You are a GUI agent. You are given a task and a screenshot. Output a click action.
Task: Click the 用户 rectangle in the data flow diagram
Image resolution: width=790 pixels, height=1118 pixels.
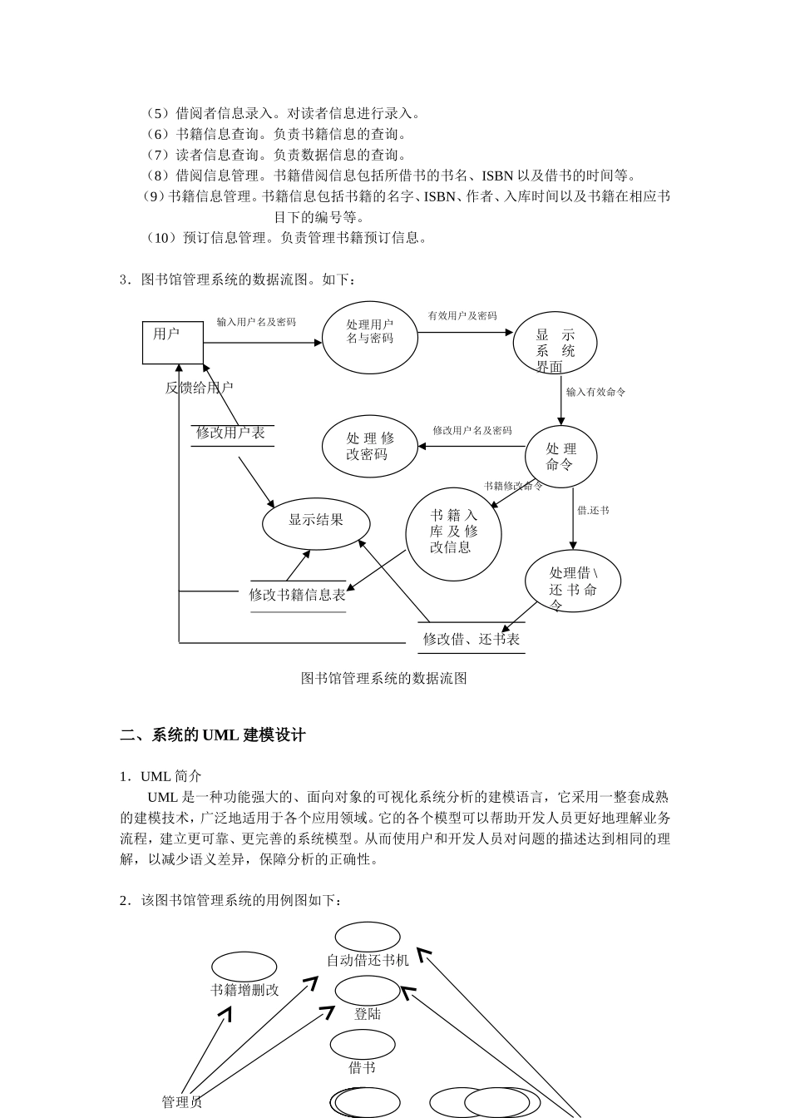[x=173, y=342]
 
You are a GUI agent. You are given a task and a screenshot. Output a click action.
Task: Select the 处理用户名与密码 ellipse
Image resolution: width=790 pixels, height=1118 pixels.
[x=369, y=337]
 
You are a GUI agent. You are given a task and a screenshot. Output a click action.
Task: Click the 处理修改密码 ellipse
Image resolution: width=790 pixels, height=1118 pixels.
[x=370, y=446]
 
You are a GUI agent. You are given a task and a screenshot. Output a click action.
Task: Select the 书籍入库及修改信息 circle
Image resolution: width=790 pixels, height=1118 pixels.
[x=453, y=533]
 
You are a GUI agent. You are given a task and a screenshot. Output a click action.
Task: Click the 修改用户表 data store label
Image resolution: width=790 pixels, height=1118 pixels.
[x=230, y=433]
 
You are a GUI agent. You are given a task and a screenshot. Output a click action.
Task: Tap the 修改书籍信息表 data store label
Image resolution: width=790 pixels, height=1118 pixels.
[x=298, y=595]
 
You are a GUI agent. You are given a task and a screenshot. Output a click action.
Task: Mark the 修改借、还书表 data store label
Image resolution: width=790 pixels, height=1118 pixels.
[x=472, y=639]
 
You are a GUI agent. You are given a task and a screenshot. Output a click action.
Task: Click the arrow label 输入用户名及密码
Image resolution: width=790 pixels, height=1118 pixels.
[x=256, y=322]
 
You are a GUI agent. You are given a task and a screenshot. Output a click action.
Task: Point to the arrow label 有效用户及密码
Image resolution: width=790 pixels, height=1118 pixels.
[x=462, y=316]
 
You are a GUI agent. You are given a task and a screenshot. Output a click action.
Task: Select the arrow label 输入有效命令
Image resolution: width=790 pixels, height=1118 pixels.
[x=595, y=392]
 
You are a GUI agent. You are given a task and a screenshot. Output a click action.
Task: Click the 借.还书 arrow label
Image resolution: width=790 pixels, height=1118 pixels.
[x=593, y=511]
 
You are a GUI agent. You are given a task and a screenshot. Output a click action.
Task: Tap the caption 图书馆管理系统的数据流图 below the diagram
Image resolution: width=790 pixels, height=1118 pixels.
[x=383, y=678]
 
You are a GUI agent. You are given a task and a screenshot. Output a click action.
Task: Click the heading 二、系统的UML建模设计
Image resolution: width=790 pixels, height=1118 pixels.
[x=213, y=735]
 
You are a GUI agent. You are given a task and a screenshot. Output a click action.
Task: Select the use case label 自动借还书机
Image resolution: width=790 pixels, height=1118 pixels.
[x=368, y=960]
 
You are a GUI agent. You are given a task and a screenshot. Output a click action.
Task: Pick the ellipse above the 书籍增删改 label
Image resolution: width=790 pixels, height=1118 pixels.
[x=244, y=967]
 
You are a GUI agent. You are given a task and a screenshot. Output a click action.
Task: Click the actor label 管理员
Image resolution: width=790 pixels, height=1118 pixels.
[x=182, y=1102]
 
